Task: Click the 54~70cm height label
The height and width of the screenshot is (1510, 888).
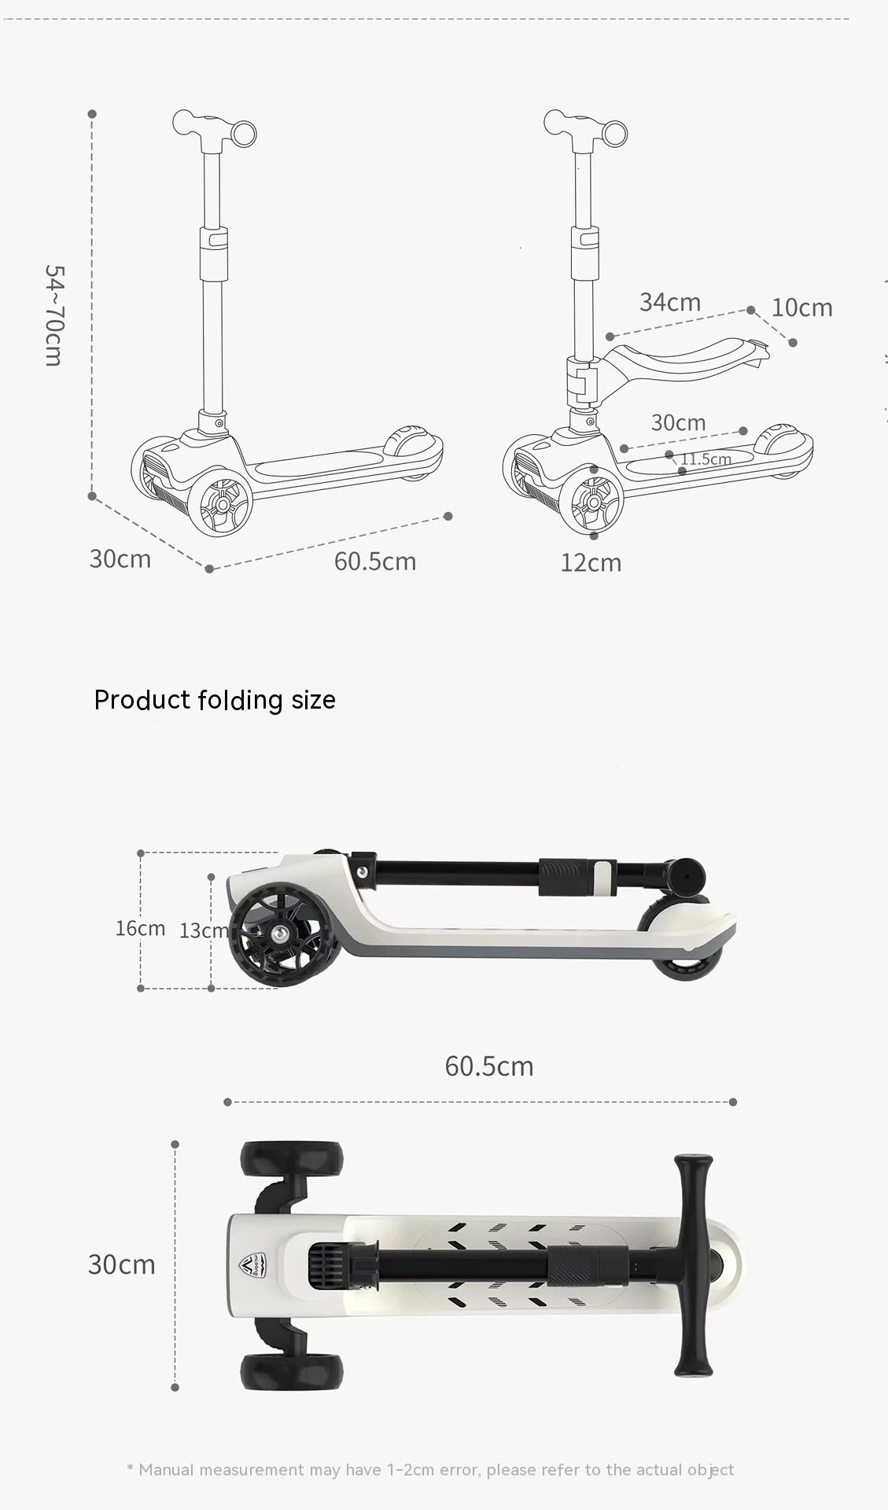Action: point(53,315)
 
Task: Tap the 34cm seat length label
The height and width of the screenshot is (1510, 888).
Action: point(670,302)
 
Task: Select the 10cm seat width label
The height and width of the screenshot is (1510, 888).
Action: point(802,308)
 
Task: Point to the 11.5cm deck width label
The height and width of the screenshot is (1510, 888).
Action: point(706,459)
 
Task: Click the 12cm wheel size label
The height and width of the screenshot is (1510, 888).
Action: point(591,563)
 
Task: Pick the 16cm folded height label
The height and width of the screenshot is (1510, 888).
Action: point(140,928)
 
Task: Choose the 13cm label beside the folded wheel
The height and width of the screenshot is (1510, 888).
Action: point(204,931)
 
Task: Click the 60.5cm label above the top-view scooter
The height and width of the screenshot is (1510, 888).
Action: point(489,1066)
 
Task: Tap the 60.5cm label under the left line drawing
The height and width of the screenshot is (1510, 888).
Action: point(375,562)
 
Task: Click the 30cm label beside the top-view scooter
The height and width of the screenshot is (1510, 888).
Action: point(122,1265)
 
